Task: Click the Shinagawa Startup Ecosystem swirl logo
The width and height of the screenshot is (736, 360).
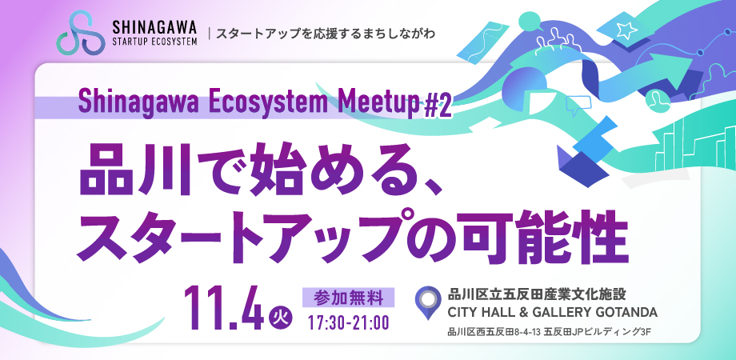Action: pyautogui.click(x=79, y=32)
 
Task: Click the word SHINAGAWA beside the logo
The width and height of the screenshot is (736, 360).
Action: pyautogui.click(x=154, y=26)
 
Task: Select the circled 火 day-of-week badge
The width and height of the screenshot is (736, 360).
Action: pyautogui.click(x=281, y=318)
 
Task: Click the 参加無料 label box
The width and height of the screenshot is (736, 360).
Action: pyautogui.click(x=348, y=297)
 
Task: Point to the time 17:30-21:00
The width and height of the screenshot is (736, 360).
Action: pyautogui.click(x=348, y=323)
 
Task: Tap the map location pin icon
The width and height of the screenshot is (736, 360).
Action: pyautogui.click(x=428, y=302)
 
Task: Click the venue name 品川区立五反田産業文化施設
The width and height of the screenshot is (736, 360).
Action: pyautogui.click(x=538, y=295)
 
